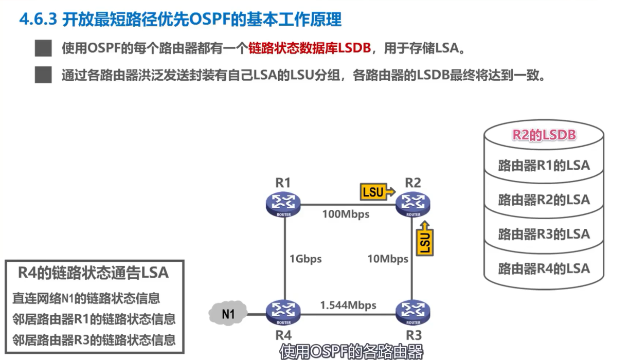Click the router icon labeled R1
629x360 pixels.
(x=283, y=205)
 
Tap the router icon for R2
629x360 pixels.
(x=413, y=204)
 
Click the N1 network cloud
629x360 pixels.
(x=227, y=313)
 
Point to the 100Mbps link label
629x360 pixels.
(x=346, y=214)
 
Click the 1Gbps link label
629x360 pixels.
(x=305, y=259)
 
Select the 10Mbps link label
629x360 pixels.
(x=388, y=259)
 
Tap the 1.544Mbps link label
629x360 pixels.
(x=348, y=305)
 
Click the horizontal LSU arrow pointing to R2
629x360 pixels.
(x=377, y=192)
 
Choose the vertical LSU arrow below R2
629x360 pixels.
(x=425, y=240)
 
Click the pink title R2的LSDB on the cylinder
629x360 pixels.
(x=544, y=135)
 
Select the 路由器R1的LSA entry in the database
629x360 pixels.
(x=544, y=166)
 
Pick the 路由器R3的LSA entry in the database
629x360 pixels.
(x=544, y=234)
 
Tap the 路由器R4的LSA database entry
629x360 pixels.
(x=544, y=268)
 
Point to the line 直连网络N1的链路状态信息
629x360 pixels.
(x=86, y=298)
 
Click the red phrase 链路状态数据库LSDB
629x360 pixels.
(x=309, y=49)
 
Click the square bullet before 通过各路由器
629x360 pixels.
(x=43, y=75)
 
